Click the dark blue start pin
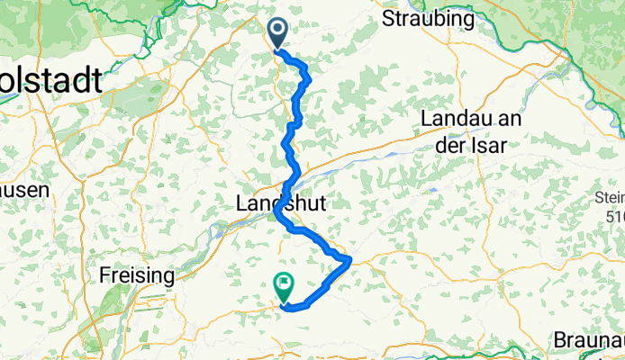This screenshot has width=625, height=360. click(x=276, y=34)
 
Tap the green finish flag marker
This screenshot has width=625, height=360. click(x=285, y=287)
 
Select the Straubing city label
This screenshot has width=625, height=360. click(x=429, y=18)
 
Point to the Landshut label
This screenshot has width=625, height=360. click(x=279, y=204)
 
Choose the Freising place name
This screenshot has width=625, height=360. click(x=137, y=274)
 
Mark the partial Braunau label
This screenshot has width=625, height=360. click(x=588, y=342)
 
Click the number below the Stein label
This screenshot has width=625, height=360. click(x=615, y=216)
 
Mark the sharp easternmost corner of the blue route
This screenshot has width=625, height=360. click(x=349, y=259)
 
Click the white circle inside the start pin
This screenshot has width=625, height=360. click(x=276, y=31)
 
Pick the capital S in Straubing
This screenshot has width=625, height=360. click(x=389, y=18)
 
